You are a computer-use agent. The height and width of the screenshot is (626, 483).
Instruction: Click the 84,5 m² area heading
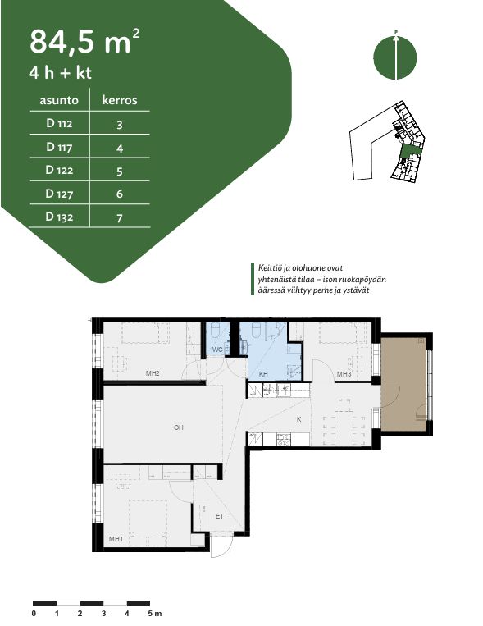pos(84,41)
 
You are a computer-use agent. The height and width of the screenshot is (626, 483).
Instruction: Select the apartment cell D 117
pos(59,147)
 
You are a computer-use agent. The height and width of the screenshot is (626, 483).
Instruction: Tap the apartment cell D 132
pos(59,217)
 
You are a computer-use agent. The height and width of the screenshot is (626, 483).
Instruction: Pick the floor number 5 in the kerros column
pos(120,171)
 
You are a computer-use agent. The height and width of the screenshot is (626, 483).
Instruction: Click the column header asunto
pos(59,100)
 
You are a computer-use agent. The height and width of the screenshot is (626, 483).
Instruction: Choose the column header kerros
pos(120,100)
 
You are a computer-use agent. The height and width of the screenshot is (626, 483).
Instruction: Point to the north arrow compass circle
pos(394,58)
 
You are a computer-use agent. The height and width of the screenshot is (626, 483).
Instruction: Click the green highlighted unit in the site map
pos(411,151)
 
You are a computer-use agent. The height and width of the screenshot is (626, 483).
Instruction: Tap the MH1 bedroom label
pos(116,539)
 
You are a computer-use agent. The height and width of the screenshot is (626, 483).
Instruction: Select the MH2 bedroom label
pos(153,373)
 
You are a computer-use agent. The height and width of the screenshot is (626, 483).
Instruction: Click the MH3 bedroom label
pos(344,374)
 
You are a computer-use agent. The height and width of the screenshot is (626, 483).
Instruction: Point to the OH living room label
pos(179,427)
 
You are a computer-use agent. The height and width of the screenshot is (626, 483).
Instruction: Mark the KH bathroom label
pos(263,374)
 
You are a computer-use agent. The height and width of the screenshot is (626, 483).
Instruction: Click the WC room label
pos(217,350)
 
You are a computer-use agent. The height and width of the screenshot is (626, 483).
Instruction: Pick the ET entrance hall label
pos(220,516)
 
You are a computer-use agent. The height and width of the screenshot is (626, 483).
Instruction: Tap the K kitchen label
pos(298,419)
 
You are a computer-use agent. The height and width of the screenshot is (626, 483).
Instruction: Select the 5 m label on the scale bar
pos(155,613)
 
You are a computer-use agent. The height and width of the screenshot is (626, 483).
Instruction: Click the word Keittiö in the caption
pos(269,268)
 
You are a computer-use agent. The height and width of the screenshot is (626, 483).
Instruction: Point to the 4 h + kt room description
pos(61,73)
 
